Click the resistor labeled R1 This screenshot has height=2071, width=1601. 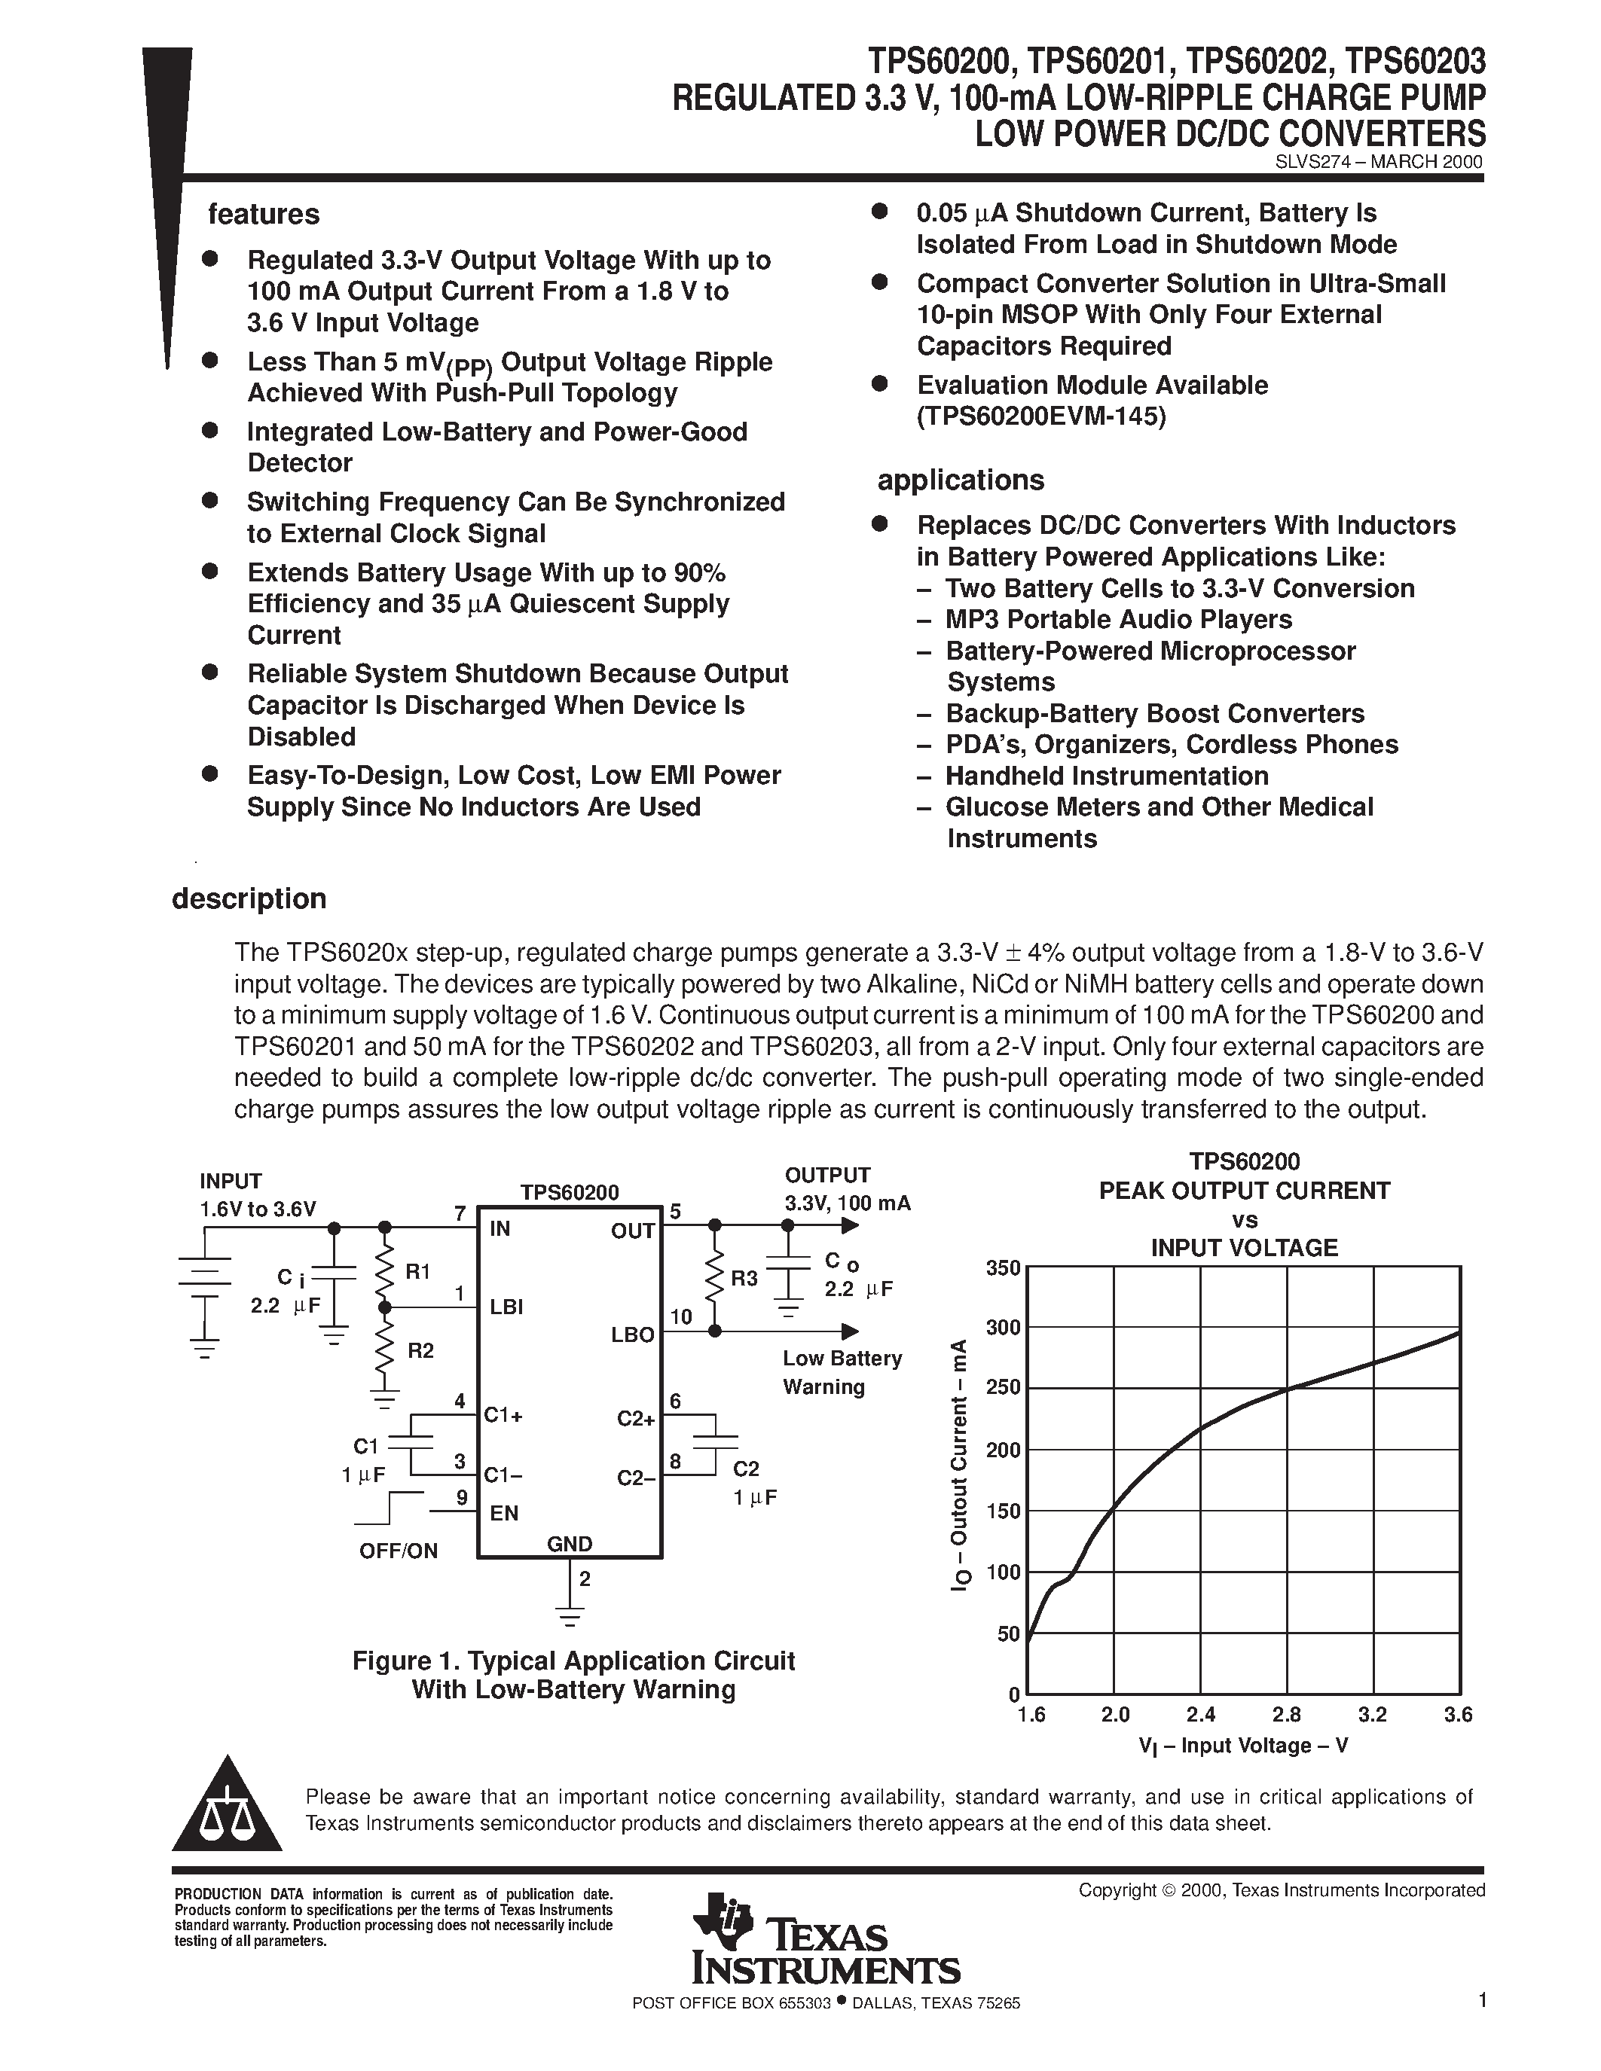(385, 1273)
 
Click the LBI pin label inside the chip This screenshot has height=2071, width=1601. (506, 1307)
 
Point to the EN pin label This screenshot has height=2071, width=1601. (503, 1514)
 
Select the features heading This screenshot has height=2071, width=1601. (264, 215)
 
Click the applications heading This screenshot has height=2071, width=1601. (960, 480)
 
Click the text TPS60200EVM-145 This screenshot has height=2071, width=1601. (1040, 416)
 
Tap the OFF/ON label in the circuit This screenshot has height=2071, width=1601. (399, 1551)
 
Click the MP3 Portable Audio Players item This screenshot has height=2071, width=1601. (1118, 619)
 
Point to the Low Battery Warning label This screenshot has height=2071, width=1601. (842, 1372)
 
